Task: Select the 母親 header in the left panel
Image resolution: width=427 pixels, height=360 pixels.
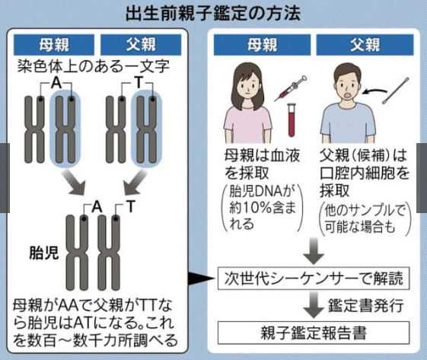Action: click(x=57, y=43)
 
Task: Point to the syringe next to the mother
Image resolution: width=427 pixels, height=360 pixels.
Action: click(x=292, y=87)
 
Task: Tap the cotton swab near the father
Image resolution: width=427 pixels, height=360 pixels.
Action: click(x=395, y=79)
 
